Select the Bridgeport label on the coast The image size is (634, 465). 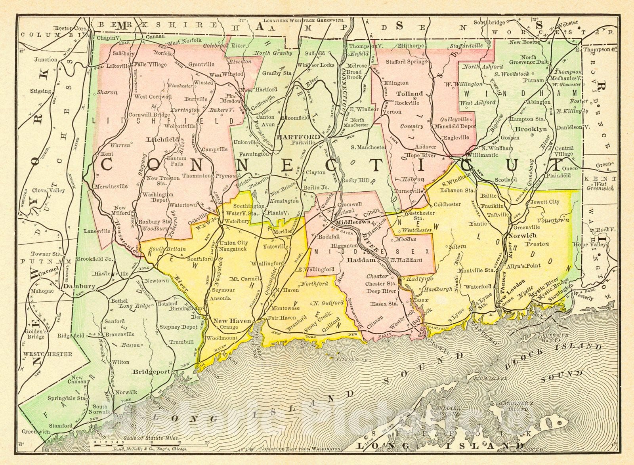(x=151, y=372)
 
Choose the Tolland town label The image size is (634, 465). (x=410, y=94)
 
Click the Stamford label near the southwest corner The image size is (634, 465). (x=61, y=425)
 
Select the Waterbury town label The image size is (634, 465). (x=238, y=221)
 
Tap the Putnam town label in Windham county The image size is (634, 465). (x=533, y=80)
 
